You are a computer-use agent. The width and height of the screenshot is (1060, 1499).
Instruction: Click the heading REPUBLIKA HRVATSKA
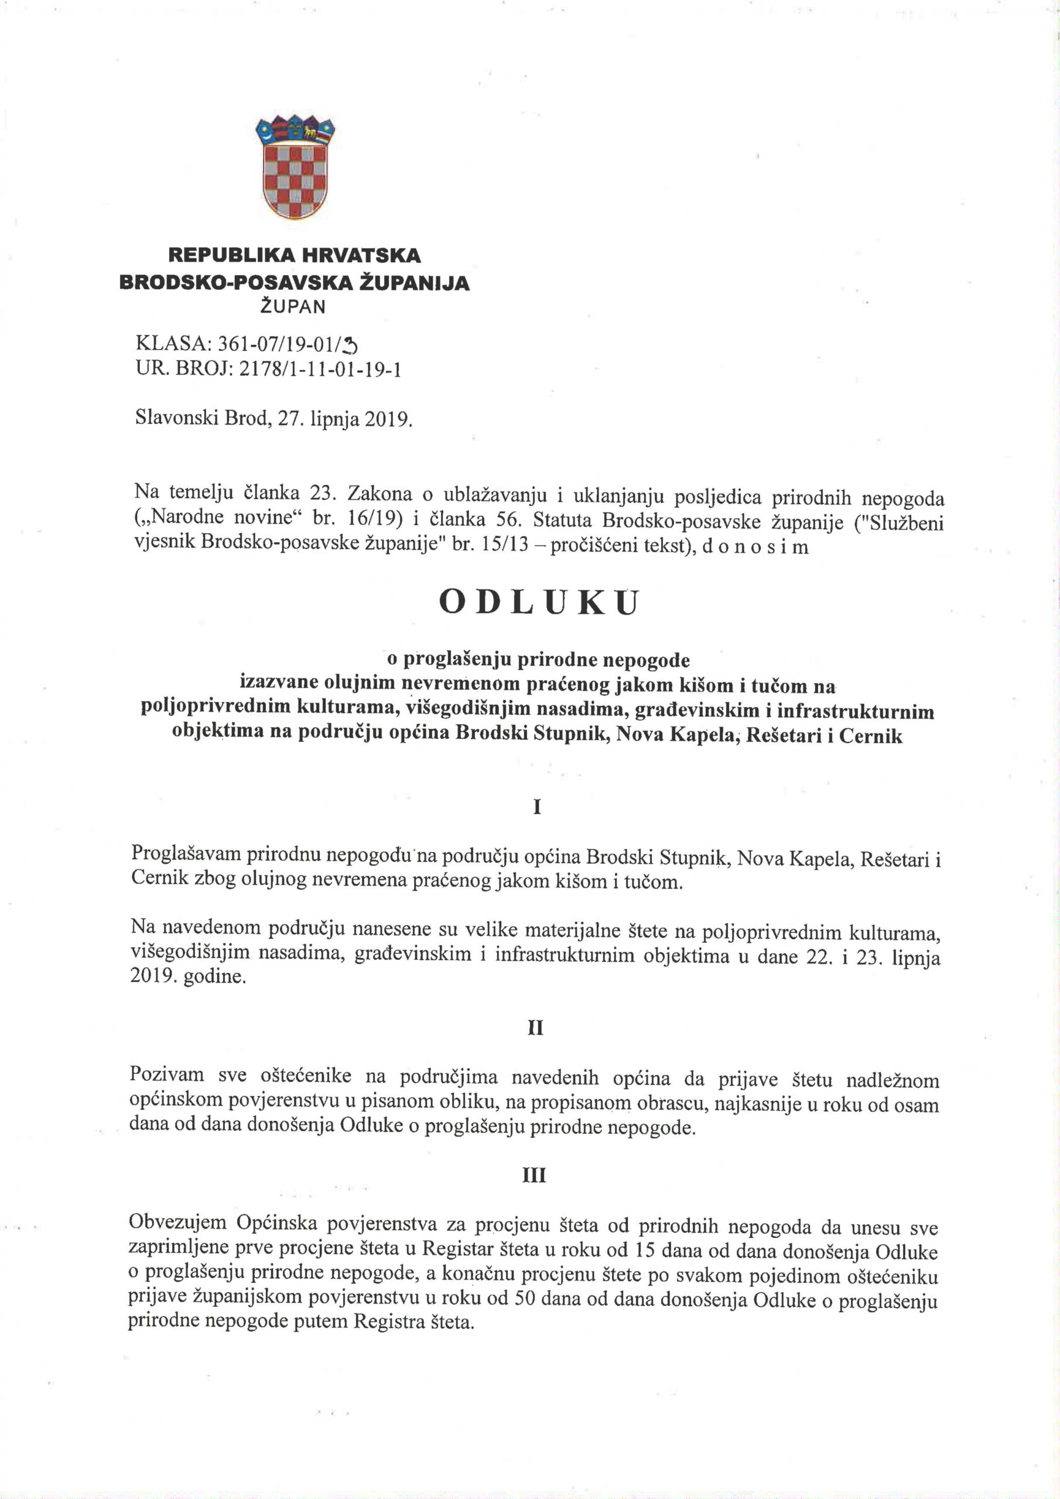tap(295, 255)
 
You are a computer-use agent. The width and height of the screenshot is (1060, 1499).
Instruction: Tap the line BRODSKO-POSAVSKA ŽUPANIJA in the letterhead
tap(295, 282)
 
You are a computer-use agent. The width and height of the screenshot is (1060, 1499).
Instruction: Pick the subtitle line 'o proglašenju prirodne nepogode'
tap(538, 660)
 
